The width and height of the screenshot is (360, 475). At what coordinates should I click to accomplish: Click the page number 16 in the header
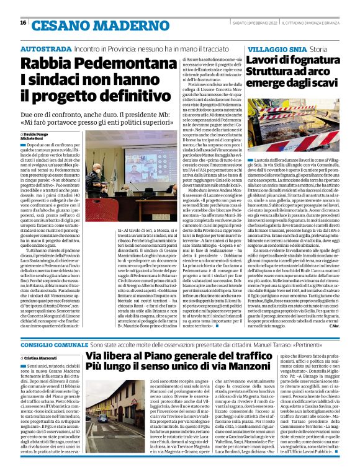[x=23, y=23]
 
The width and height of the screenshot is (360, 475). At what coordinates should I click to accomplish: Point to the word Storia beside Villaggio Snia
[x=318, y=48]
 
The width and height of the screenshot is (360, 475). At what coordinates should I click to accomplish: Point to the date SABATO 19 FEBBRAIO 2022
[x=258, y=23]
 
